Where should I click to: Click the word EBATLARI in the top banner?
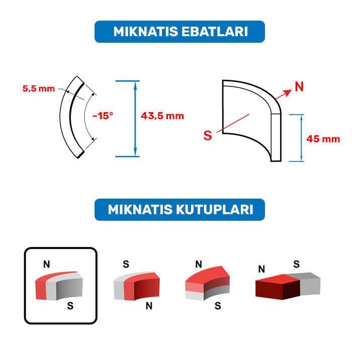tap(215, 32)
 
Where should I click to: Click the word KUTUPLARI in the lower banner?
tap(215, 210)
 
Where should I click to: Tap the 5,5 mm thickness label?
tap(39, 88)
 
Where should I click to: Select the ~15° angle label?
tap(103, 116)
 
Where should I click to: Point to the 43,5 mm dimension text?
tap(162, 116)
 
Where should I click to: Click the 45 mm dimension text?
tap(323, 139)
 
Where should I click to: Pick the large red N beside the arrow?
tap(299, 87)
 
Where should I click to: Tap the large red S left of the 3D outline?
tap(208, 135)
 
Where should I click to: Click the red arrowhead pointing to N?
tap(288, 93)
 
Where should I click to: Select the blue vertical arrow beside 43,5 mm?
tap(135, 119)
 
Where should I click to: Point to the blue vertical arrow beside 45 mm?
tap(302, 138)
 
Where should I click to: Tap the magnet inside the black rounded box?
tap(59, 286)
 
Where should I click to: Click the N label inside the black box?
tap(47, 264)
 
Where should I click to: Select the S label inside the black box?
tap(70, 306)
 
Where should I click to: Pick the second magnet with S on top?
tap(137, 286)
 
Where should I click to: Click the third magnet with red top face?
tap(207, 283)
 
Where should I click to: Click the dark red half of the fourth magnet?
tap(278, 287)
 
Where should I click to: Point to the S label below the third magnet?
tap(218, 306)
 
